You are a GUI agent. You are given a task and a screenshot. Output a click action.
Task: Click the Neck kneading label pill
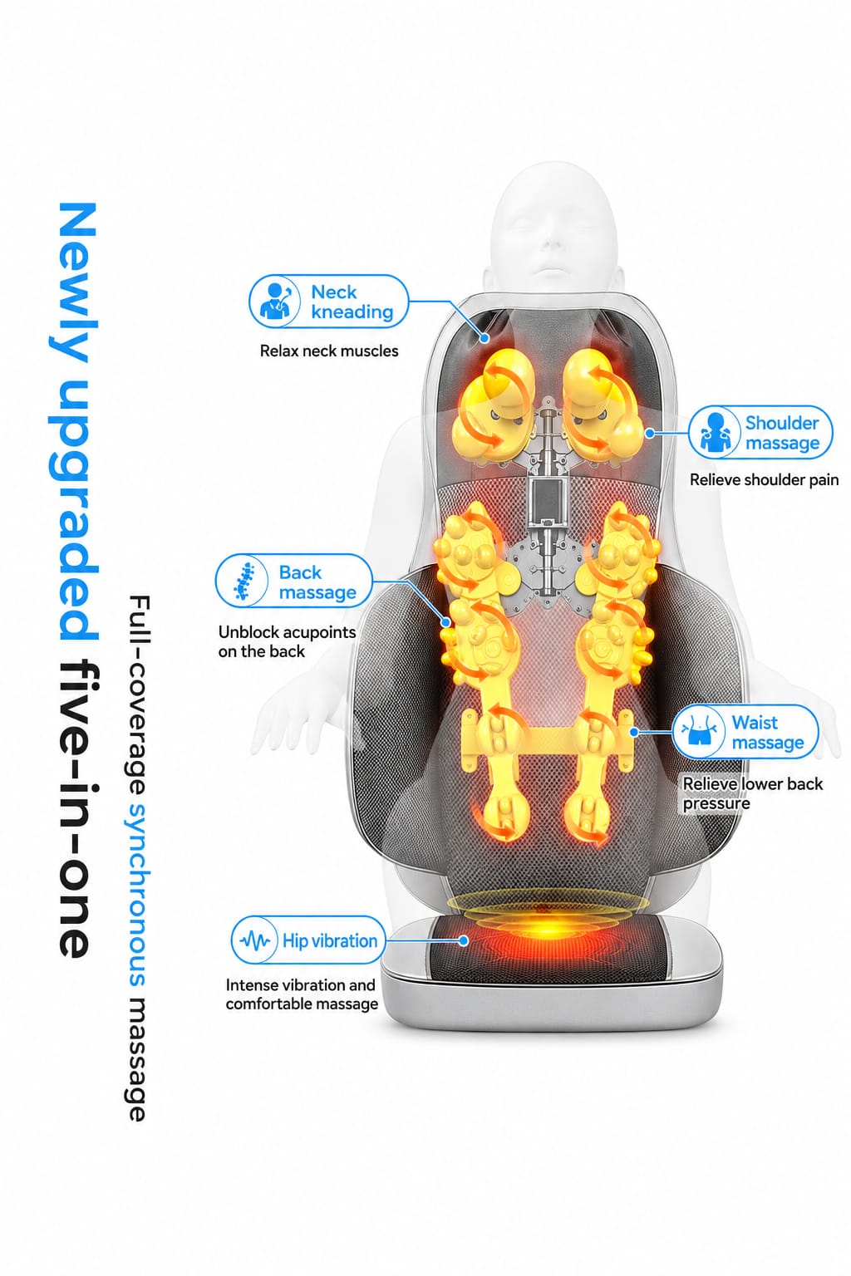329,302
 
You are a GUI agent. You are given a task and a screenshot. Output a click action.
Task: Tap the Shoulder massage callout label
760,432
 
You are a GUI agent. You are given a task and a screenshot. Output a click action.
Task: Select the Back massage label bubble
293,581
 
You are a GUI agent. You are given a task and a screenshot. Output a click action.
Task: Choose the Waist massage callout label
745,732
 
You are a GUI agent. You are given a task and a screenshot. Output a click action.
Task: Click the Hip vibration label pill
308,940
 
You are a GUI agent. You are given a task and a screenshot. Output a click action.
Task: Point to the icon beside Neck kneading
275,302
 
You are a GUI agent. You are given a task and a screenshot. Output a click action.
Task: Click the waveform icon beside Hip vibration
255,940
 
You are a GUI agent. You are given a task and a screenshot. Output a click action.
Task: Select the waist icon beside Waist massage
697,732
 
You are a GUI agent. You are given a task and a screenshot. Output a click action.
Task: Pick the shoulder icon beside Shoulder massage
715,432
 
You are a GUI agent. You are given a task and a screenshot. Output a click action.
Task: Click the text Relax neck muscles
329,351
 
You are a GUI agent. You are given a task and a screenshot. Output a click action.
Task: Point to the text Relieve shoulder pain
764,480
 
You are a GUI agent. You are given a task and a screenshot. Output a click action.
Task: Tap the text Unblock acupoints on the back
287,642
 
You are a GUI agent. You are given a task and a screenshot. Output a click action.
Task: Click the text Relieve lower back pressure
752,793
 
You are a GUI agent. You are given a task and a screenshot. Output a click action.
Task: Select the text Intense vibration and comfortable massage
302,994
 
